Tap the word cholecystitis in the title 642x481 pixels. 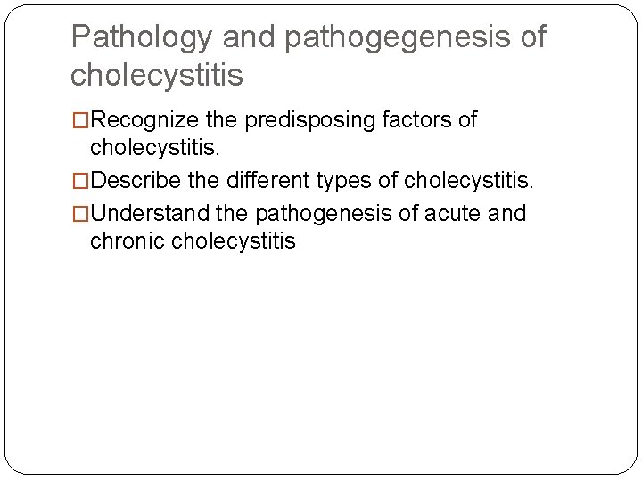[x=156, y=75]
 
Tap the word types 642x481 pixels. [x=345, y=182]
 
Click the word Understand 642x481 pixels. [x=150, y=214]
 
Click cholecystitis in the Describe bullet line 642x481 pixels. [x=467, y=182]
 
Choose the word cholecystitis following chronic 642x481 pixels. [x=233, y=240]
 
